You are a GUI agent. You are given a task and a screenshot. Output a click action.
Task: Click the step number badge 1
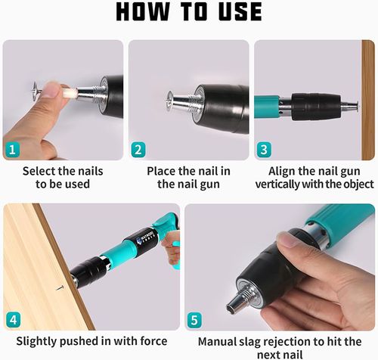[13, 149]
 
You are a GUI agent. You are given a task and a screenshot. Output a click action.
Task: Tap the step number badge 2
[138, 149]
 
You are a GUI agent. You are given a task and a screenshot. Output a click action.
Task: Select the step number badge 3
[264, 149]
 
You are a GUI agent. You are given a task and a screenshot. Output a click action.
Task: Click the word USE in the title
[235, 13]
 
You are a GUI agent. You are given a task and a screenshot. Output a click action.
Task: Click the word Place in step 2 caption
[163, 171]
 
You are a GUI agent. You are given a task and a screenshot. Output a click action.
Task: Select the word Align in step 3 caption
[282, 171]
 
